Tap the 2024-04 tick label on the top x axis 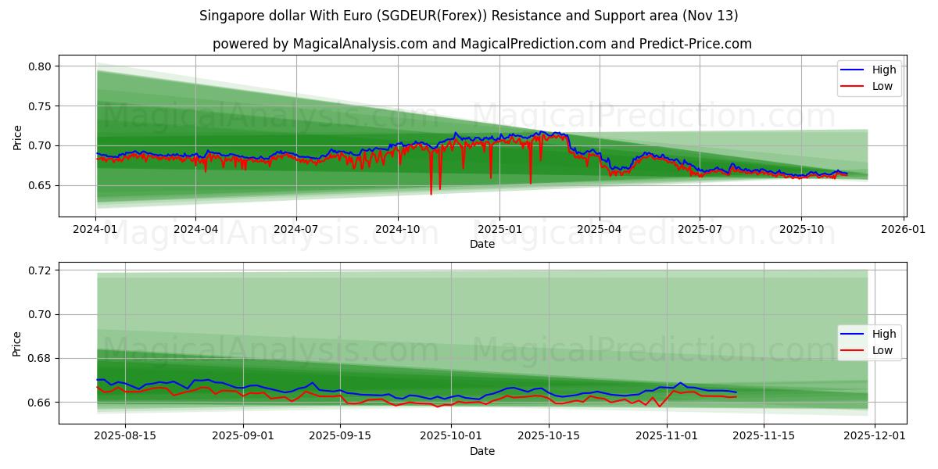point(195,229)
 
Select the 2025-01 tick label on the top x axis point(499,229)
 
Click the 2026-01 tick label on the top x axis point(904,229)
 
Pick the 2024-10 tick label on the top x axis point(398,229)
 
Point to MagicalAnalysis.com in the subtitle point(360,44)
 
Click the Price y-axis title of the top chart point(18,137)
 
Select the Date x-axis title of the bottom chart point(482,451)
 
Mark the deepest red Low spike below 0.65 point(431,193)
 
